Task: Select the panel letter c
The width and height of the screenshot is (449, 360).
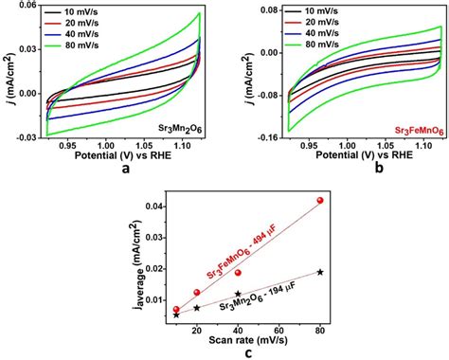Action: [x=245, y=351]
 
